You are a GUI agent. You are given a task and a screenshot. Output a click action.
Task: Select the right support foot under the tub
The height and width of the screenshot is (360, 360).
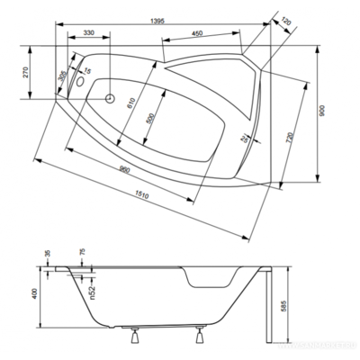pyautogui.click(x=197, y=338)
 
